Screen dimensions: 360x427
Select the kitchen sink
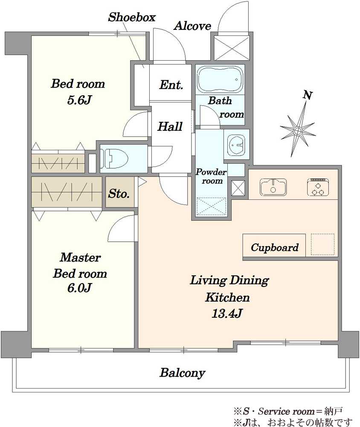[273, 187]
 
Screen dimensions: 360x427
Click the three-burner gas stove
[318, 187]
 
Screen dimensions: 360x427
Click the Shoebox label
[132, 17]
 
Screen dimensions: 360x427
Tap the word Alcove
[193, 26]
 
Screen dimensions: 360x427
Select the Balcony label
[182, 373]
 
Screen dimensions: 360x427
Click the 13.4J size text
[227, 314]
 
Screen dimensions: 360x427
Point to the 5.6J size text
[78, 100]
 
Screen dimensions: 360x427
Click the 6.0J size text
[79, 288]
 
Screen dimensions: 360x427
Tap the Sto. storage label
[119, 193]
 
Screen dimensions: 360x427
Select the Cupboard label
[275, 247]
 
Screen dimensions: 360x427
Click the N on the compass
[308, 95]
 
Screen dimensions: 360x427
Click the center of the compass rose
[298, 131]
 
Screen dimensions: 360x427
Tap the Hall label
[170, 127]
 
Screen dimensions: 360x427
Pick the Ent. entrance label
[171, 85]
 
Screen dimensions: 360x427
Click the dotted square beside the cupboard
[322, 244]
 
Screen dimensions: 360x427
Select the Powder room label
[212, 176]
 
